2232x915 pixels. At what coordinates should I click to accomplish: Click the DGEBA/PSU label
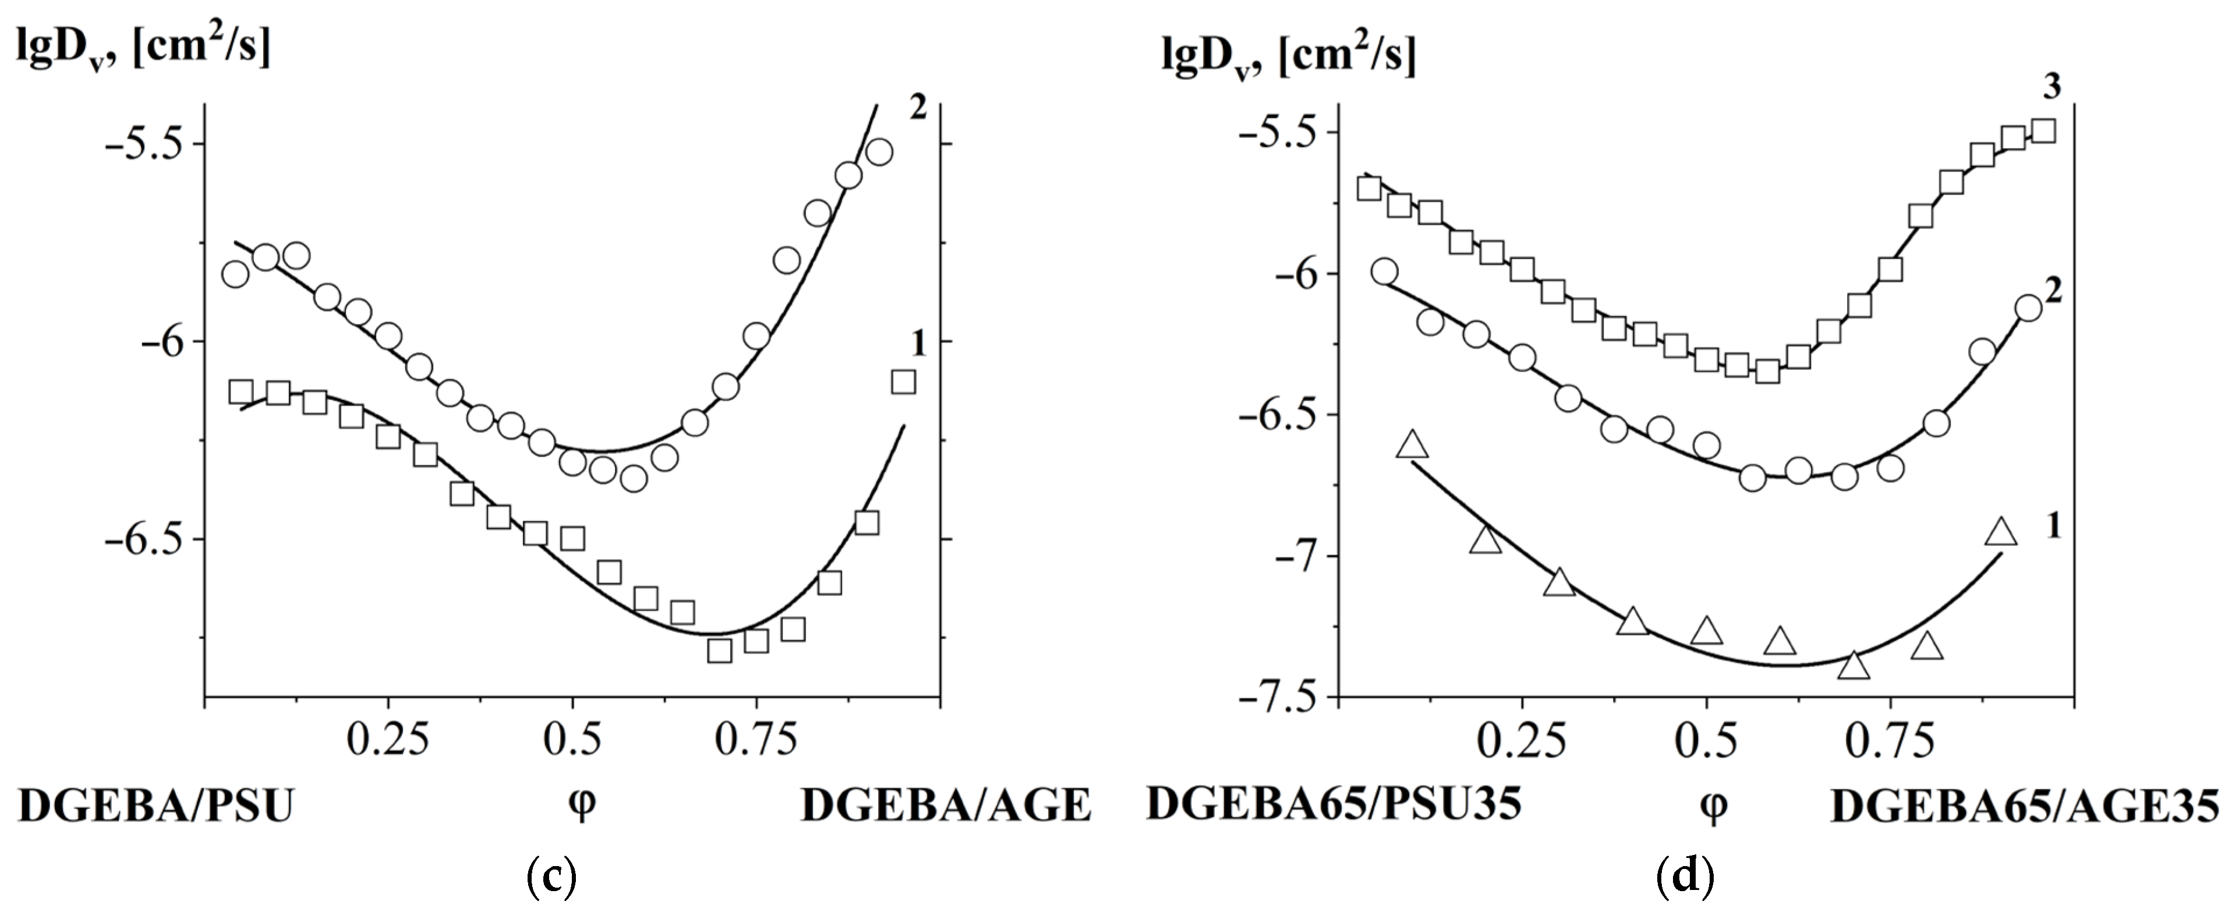pos(156,806)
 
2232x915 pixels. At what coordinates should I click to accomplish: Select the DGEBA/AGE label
pos(945,806)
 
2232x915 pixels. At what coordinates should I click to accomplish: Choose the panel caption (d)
pos(1685,877)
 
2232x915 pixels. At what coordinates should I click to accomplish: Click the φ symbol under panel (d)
pos(1713,807)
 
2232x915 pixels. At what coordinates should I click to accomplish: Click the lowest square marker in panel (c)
pos(719,650)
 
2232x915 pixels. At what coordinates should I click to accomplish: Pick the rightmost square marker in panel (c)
pos(903,381)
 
